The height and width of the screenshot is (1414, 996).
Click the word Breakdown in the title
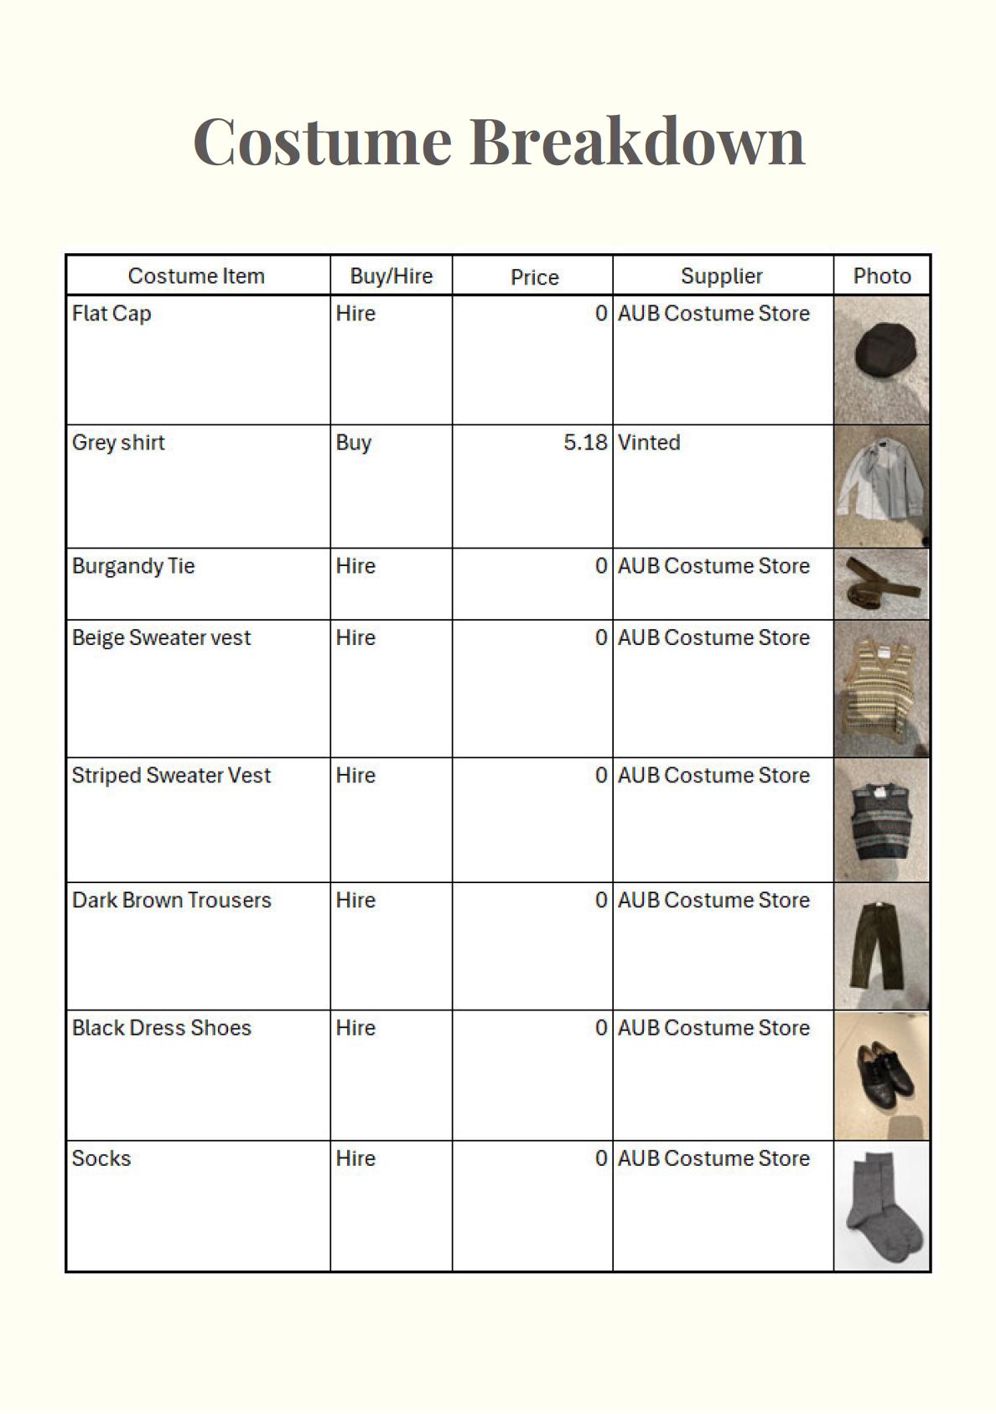636,141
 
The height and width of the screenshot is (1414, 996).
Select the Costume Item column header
196,276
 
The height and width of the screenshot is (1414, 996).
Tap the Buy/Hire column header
391,276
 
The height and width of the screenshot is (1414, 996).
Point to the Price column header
534,277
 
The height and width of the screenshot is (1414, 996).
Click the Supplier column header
721,276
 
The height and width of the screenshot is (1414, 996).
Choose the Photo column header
881,276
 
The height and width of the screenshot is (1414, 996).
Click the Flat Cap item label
112,314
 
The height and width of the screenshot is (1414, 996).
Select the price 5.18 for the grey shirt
584,442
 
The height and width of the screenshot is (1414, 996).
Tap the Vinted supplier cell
649,442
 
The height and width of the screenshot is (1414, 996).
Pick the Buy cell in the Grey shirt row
353,443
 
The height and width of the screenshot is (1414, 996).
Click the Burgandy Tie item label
133,566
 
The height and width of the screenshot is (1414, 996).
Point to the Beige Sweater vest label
161,638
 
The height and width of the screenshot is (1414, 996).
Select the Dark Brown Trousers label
172,900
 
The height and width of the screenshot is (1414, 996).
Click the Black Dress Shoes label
162,1027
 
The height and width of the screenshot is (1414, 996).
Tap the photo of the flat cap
881,359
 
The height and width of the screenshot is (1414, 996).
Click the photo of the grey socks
881,1206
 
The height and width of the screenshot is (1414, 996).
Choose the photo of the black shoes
881,1075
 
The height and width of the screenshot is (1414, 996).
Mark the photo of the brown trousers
881,946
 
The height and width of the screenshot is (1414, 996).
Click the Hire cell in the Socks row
355,1158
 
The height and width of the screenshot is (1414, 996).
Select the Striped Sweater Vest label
171,775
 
